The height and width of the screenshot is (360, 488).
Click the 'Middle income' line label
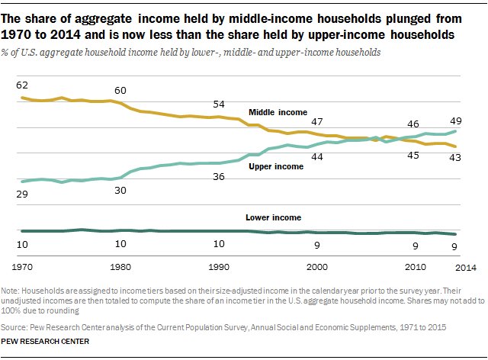coord(278,112)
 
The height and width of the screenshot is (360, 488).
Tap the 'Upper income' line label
coord(275,166)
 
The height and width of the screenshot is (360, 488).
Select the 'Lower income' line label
coord(273,217)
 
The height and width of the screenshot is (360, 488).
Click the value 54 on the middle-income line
coord(219,104)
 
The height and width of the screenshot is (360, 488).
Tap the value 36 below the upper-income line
coord(219,177)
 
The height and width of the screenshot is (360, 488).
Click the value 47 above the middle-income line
coord(317,122)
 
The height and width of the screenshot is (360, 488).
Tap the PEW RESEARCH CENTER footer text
coord(46,341)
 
